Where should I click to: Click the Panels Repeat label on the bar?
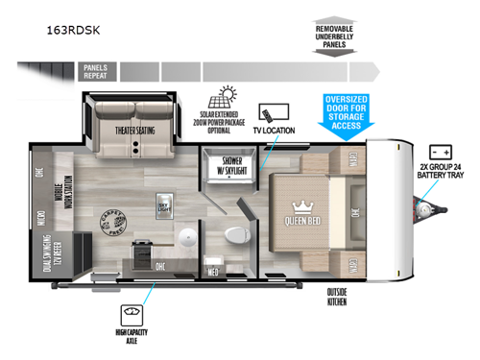(x=94, y=69)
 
